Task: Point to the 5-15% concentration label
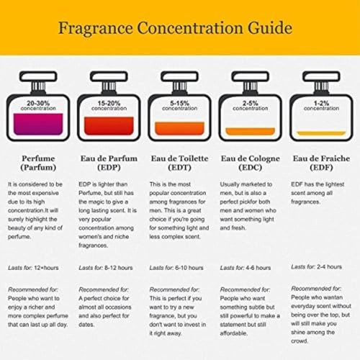click(179, 105)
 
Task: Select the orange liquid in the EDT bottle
click(179, 129)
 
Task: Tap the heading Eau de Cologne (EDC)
click(251, 162)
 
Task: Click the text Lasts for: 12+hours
click(33, 268)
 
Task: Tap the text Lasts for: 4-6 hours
click(246, 268)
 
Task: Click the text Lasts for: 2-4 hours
click(317, 267)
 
